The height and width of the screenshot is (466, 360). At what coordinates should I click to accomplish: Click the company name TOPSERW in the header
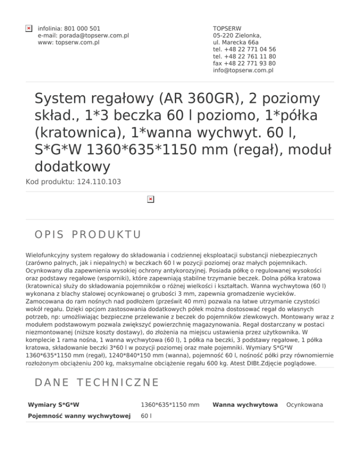click(x=227, y=29)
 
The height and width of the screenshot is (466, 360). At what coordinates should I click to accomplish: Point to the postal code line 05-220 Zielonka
click(x=237, y=36)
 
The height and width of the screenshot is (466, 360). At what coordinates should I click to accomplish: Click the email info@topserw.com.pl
click(x=243, y=70)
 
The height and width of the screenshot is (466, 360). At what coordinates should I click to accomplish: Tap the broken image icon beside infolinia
click(x=29, y=29)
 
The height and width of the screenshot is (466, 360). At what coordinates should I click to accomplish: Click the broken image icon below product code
click(x=150, y=199)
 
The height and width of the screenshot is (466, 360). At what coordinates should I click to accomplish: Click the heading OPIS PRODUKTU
click(x=88, y=233)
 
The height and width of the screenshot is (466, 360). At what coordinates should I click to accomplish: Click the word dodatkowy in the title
click(x=73, y=166)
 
